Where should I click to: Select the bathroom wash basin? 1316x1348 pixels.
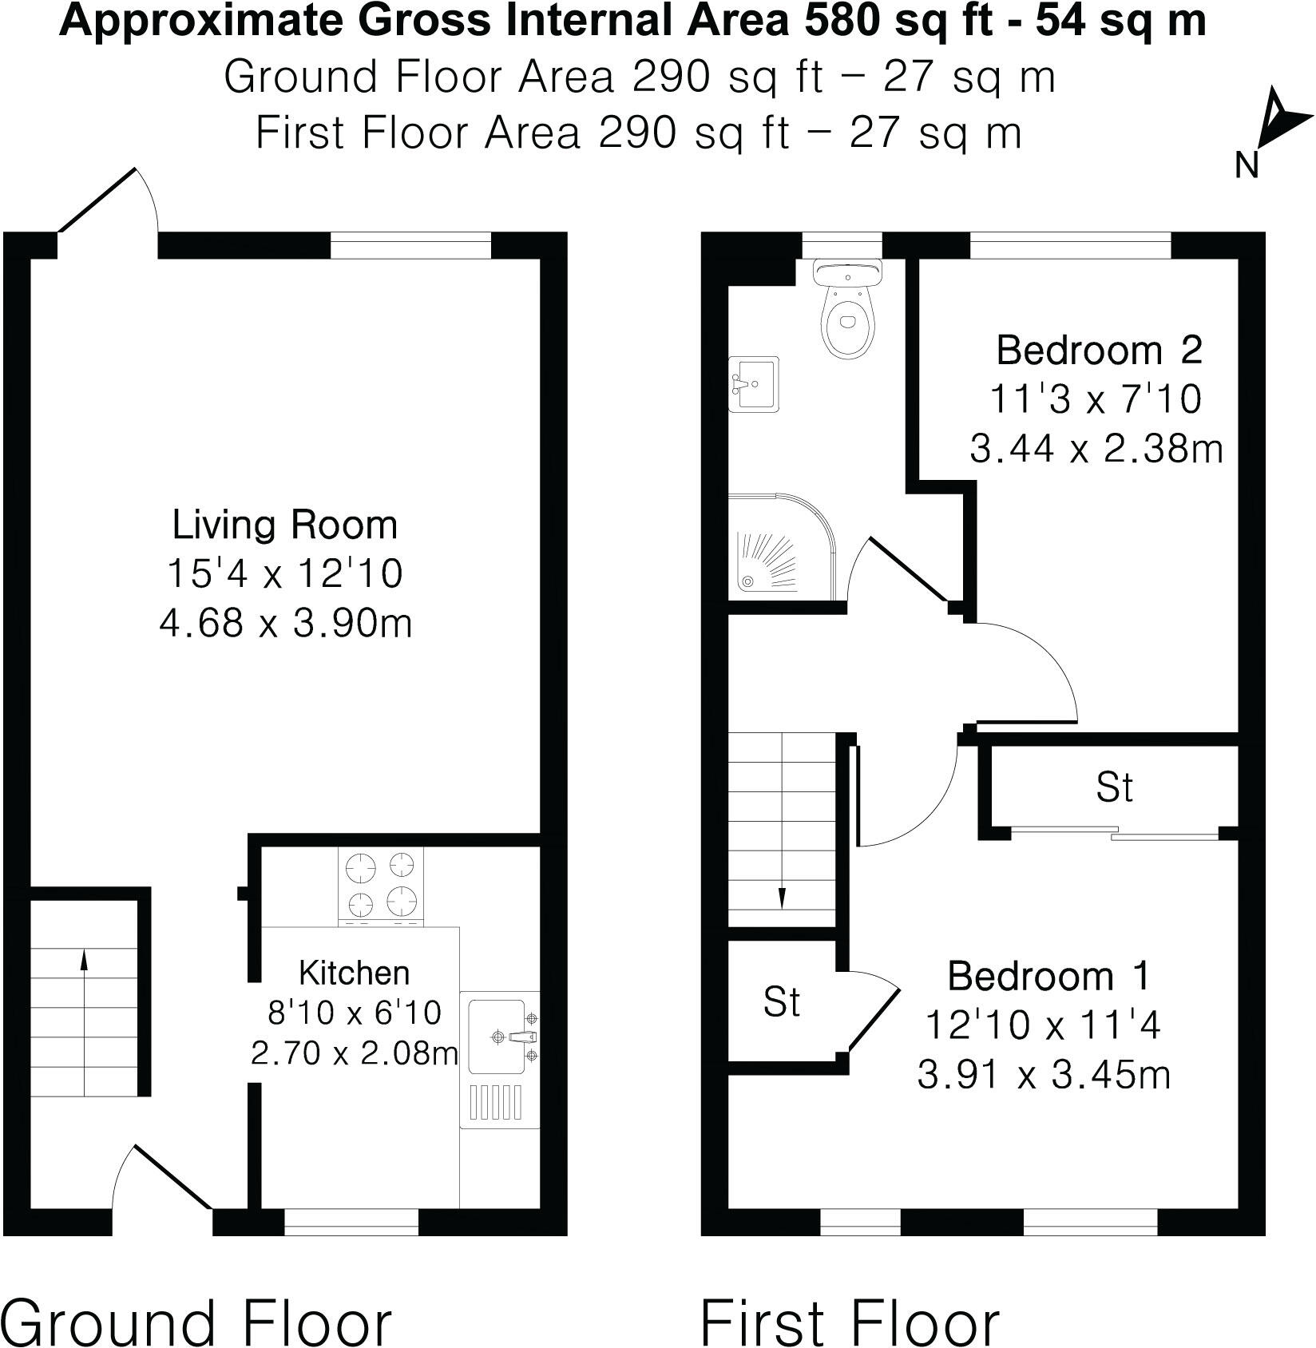[753, 384]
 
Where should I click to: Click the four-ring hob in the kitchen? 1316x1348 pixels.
[381, 886]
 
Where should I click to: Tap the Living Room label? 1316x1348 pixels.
[285, 525]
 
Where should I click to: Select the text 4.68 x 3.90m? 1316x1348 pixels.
[286, 623]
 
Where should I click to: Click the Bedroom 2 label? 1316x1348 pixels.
[1100, 351]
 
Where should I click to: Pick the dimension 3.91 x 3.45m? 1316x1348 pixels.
[1044, 1075]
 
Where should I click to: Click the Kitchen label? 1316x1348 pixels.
[354, 973]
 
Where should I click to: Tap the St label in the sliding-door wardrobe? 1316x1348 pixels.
[1114, 787]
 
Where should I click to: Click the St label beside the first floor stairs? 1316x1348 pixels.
[781, 1001]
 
